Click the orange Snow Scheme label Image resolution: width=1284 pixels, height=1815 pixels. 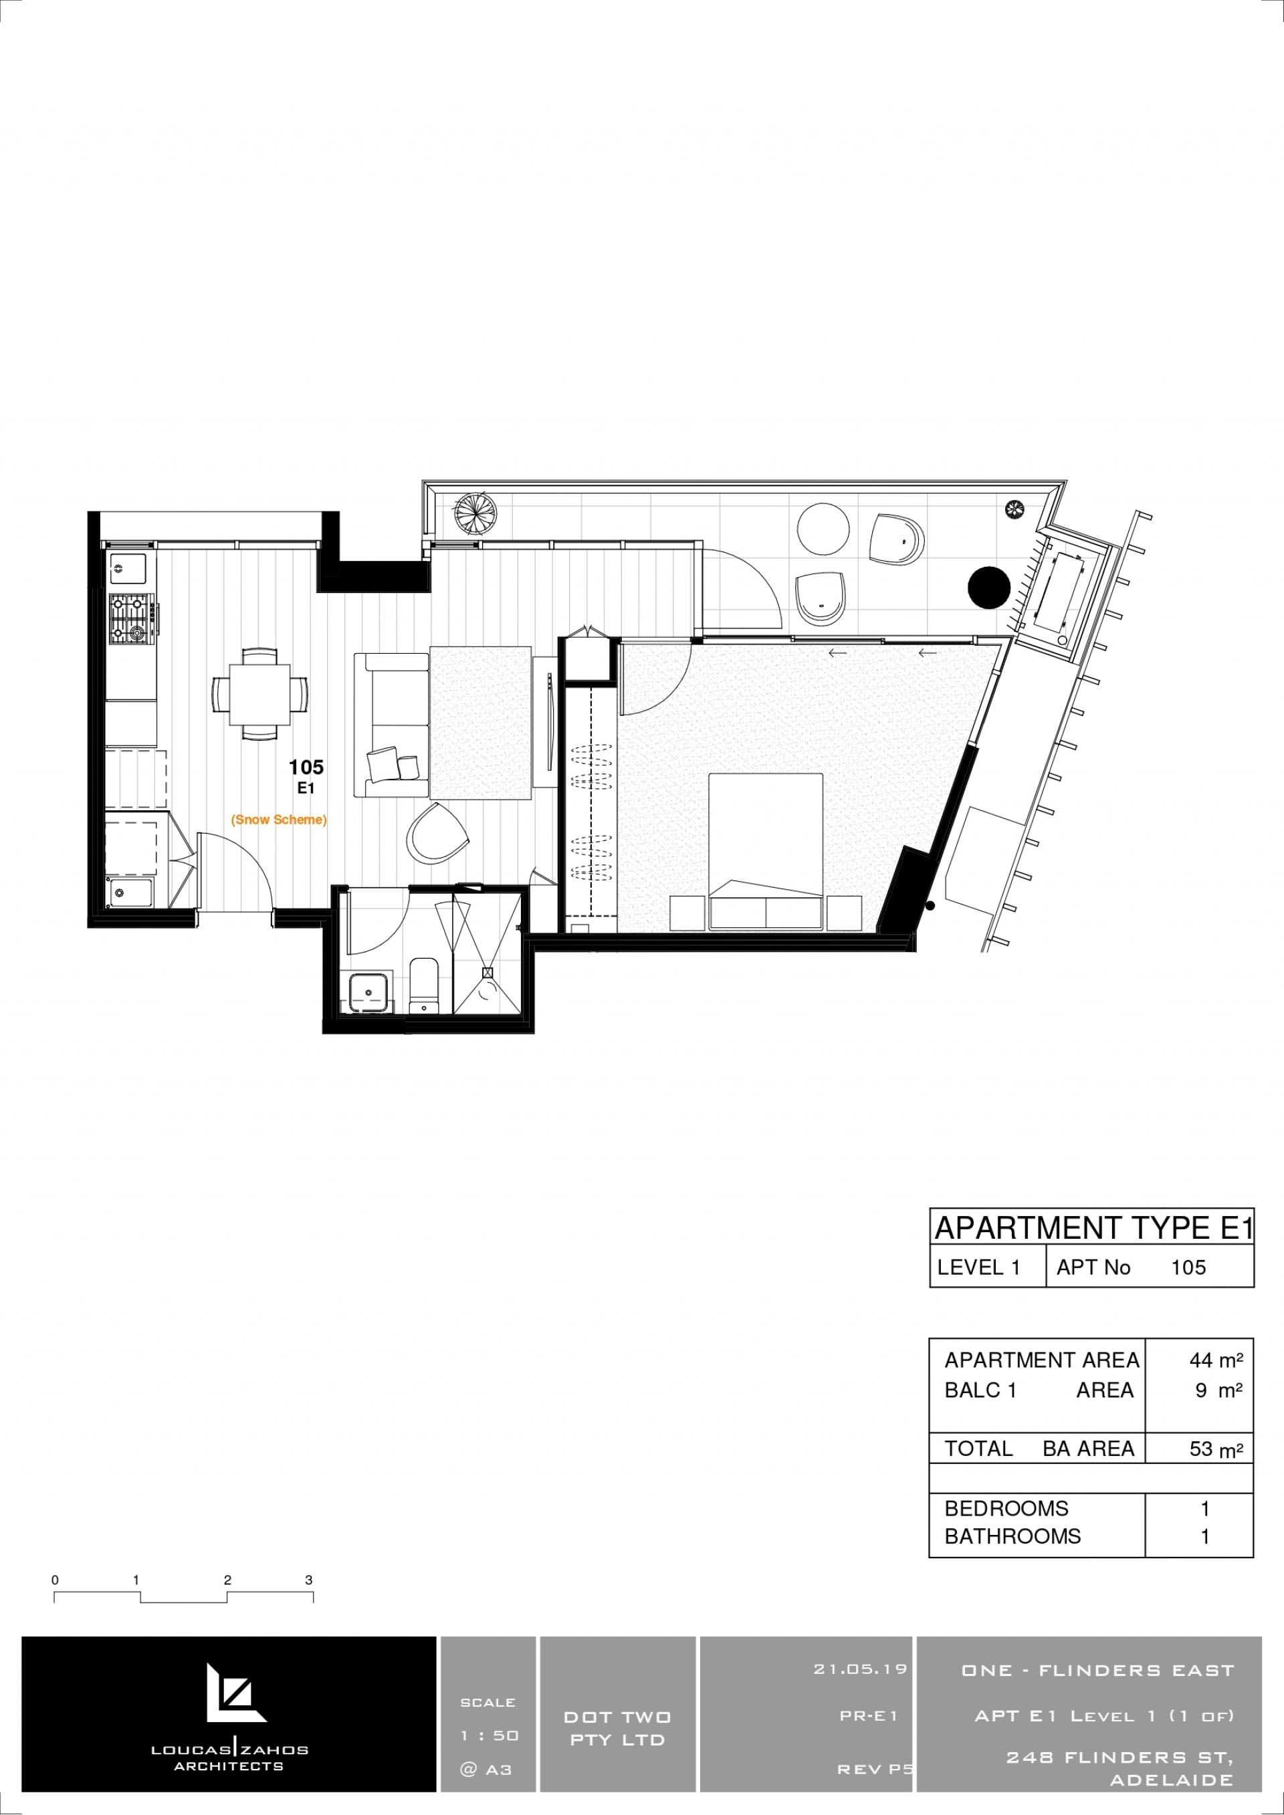click(278, 820)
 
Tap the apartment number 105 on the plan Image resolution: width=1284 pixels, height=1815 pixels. click(306, 767)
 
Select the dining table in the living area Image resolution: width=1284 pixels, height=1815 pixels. click(259, 693)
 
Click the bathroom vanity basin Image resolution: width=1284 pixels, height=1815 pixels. click(368, 992)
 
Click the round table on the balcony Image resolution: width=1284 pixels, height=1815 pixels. click(824, 529)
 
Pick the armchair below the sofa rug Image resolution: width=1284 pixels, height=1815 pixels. click(437, 833)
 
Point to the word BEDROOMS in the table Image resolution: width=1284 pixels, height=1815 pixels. click(1006, 1508)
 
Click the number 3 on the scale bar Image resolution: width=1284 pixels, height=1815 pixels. click(309, 1580)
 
